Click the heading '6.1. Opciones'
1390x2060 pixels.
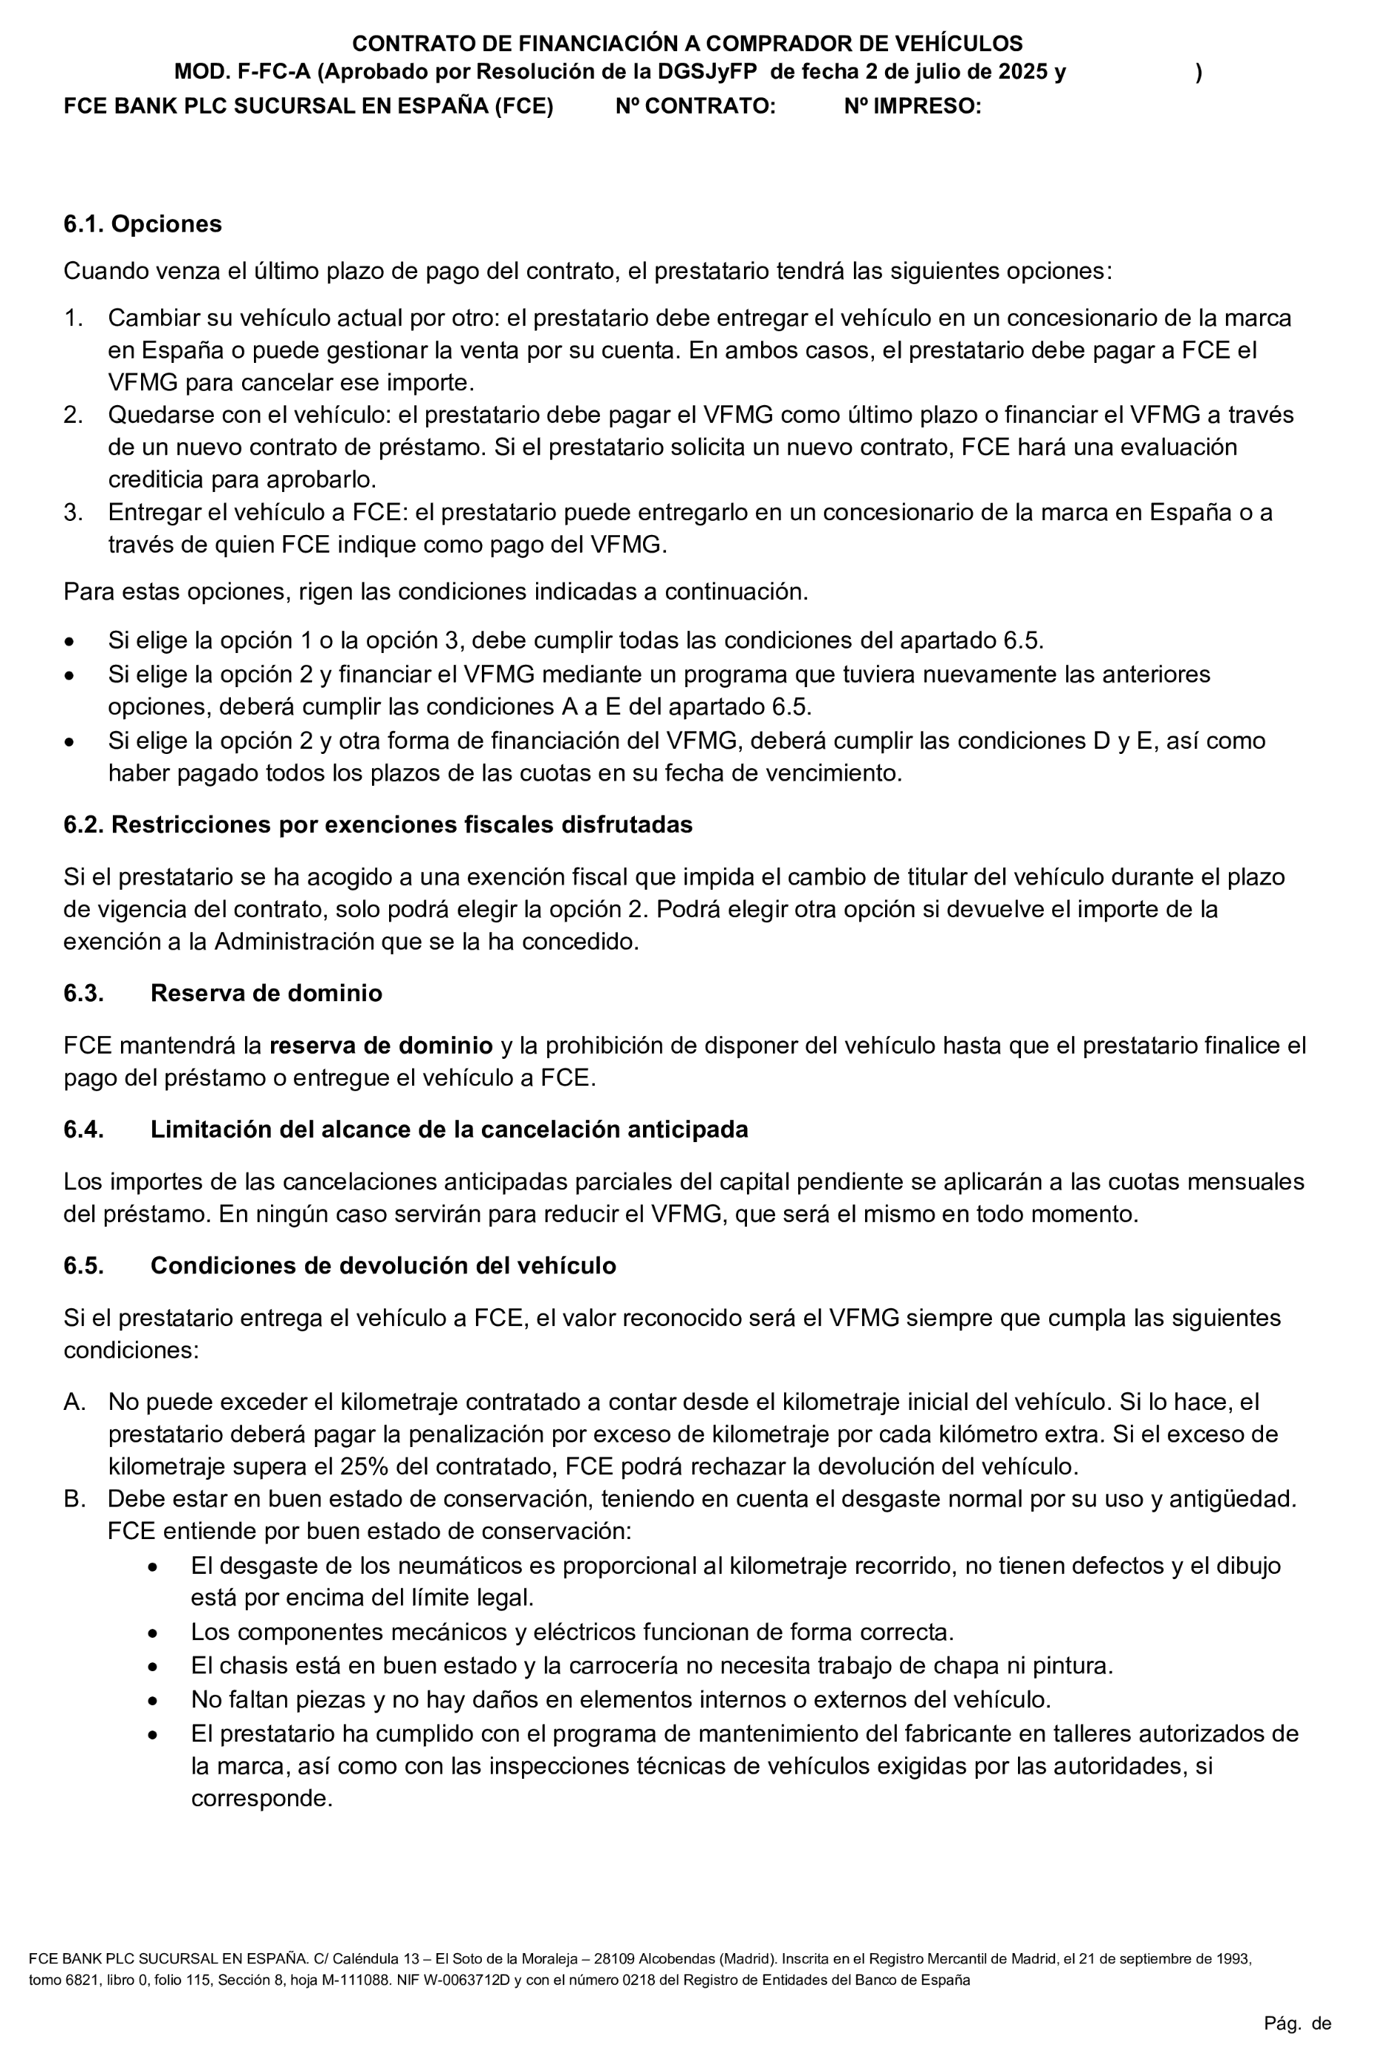tap(142, 224)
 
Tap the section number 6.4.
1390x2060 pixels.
tap(83, 1129)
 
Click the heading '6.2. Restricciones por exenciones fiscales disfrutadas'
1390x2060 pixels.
tap(378, 825)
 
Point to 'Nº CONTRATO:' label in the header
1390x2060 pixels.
tap(695, 106)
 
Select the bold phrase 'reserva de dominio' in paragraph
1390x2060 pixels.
tap(380, 1046)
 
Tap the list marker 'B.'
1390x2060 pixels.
tap(74, 1500)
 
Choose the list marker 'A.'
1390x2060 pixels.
tap(74, 1403)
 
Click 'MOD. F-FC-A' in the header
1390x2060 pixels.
tap(242, 72)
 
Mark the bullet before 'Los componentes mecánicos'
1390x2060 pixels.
tap(154, 1633)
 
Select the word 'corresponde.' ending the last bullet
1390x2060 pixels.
tap(261, 1800)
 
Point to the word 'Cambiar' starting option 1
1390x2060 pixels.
tap(150, 318)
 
